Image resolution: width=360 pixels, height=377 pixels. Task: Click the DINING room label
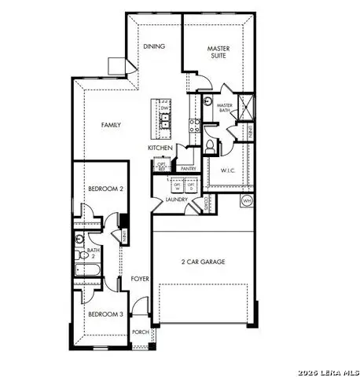pos(154,46)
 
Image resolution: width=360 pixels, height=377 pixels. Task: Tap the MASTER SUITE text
pos(219,53)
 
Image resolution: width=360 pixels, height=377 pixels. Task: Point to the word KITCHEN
pos(160,148)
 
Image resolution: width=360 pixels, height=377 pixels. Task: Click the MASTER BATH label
pos(225,109)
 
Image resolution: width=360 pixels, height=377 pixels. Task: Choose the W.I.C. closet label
pos(229,170)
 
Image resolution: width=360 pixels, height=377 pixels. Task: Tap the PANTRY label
pos(188,168)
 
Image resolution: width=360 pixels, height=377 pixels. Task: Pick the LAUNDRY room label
pos(176,199)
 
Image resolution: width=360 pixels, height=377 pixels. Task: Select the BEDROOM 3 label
pos(103,314)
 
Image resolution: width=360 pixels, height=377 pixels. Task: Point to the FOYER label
pos(140,278)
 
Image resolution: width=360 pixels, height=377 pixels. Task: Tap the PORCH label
pos(141,331)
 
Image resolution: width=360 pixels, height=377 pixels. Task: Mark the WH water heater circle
pos(246,201)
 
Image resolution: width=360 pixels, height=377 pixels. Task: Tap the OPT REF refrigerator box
pos(162,167)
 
